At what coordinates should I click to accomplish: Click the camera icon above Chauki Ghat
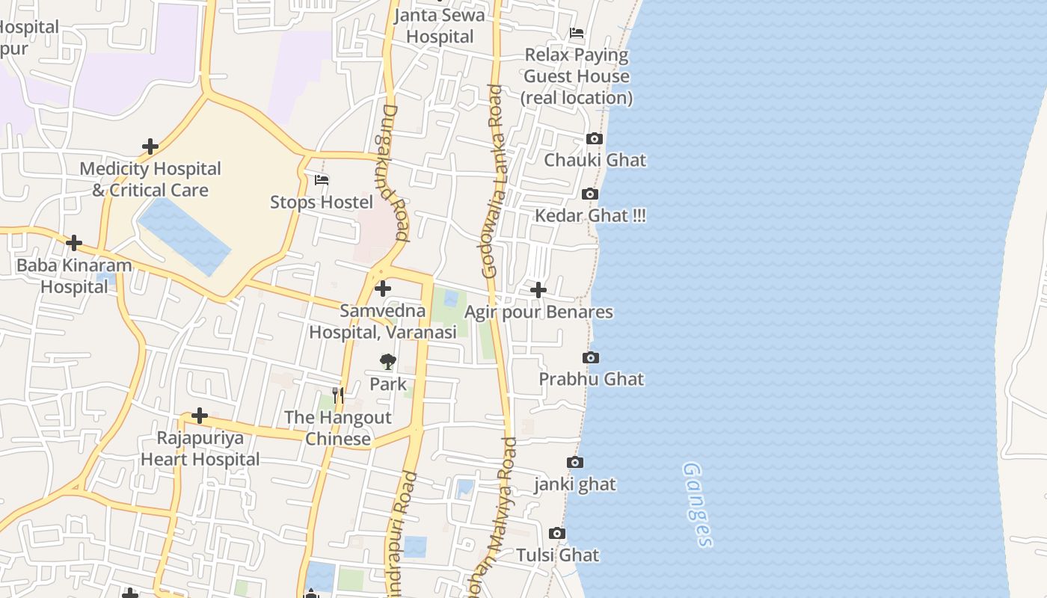pos(595,139)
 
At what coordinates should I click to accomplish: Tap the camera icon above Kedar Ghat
pos(590,194)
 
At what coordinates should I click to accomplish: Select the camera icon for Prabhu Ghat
pos(591,358)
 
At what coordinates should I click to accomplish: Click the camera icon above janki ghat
pos(574,463)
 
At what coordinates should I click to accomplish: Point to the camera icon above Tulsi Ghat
pos(557,534)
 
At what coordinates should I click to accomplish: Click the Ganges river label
pos(697,505)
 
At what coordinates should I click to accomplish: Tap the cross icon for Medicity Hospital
pos(150,147)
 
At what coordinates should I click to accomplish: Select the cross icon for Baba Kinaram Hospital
pos(74,243)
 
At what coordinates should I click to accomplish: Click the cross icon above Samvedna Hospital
pos(383,289)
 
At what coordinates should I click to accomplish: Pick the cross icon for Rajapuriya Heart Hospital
pos(200,416)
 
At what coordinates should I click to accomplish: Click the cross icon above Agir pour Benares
pos(538,290)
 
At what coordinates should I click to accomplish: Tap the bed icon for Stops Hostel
pos(322,180)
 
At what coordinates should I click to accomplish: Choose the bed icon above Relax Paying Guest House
pos(577,33)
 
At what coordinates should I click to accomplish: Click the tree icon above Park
pos(387,363)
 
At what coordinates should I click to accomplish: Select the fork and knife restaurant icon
pos(338,395)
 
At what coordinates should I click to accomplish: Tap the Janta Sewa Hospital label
pos(440,26)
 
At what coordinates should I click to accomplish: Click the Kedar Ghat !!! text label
pos(591,216)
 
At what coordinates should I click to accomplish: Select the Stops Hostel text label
pos(322,203)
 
